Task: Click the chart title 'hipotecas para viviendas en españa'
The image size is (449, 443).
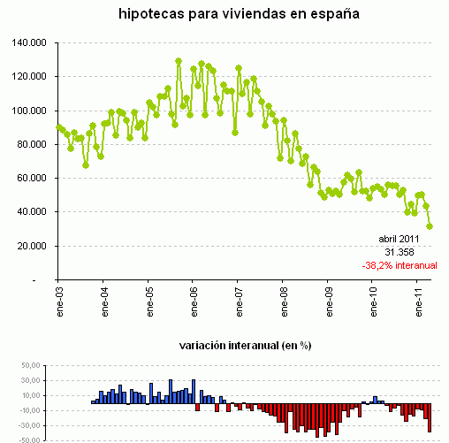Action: tap(227, 15)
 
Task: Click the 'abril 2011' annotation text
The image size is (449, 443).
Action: tap(400, 239)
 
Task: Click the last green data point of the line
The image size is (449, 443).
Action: tap(430, 226)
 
